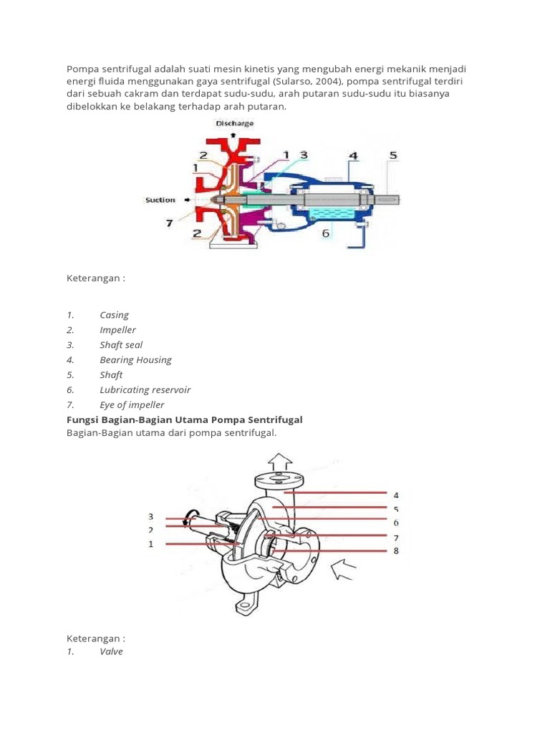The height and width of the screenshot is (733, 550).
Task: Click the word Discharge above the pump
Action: (x=235, y=123)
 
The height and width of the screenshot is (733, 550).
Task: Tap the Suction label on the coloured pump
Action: (x=160, y=200)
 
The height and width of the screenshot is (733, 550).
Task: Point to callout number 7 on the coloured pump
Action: (x=170, y=223)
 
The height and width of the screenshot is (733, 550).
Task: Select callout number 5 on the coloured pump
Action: (x=392, y=155)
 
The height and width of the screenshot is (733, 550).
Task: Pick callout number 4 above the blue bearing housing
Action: (x=352, y=155)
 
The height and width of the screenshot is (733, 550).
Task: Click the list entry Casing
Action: (x=115, y=315)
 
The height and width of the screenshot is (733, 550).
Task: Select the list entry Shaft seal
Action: (x=121, y=345)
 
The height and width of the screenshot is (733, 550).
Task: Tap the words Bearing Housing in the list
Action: (x=135, y=360)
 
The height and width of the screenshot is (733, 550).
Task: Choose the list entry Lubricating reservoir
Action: (x=145, y=390)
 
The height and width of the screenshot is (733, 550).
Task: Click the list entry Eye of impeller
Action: (x=132, y=405)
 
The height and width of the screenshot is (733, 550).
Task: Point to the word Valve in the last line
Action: (x=111, y=652)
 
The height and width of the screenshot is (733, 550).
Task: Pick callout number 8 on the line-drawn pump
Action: (x=396, y=550)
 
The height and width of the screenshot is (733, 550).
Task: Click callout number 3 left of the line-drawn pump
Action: (x=151, y=517)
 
